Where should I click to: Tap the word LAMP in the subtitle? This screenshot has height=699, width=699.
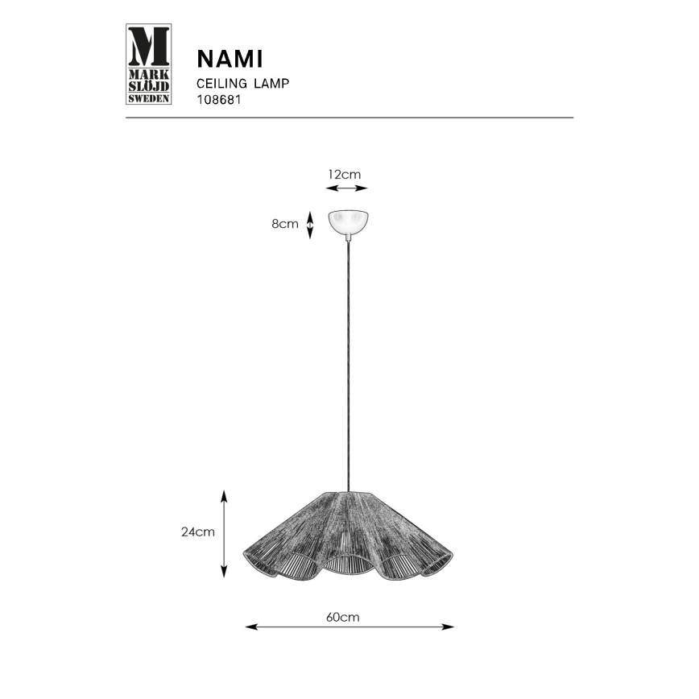pyautogui.click(x=271, y=83)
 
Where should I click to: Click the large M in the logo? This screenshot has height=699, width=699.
pyautogui.click(x=149, y=45)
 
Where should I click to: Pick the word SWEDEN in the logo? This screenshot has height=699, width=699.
pyautogui.click(x=149, y=98)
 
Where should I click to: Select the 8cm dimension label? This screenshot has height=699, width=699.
pyautogui.click(x=284, y=224)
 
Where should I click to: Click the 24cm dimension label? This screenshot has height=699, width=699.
pyautogui.click(x=197, y=531)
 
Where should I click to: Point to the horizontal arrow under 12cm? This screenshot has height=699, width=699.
pyautogui.click(x=346, y=189)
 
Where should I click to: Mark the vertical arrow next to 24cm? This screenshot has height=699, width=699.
pyautogui.click(x=225, y=532)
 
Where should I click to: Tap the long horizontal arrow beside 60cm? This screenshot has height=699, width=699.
pyautogui.click(x=349, y=627)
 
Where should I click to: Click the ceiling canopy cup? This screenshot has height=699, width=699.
pyautogui.click(x=348, y=222)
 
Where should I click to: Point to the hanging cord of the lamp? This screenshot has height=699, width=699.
pyautogui.click(x=348, y=362)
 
